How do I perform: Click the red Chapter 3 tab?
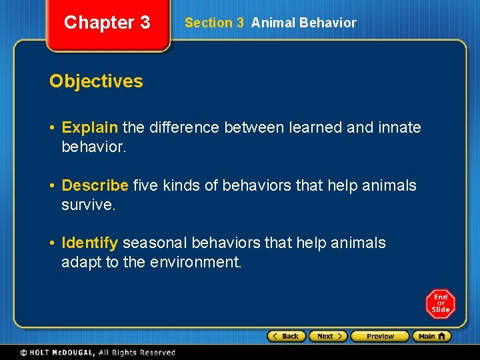107,23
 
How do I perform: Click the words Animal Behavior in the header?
303,23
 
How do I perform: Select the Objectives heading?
96,81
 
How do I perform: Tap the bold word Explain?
89,127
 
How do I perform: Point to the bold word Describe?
95,185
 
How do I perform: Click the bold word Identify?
90,243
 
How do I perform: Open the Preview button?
379,336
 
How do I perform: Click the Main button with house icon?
431,336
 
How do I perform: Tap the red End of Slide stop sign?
441,304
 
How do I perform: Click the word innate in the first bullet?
401,127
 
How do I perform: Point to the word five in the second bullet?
146,185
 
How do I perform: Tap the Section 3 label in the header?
214,23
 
